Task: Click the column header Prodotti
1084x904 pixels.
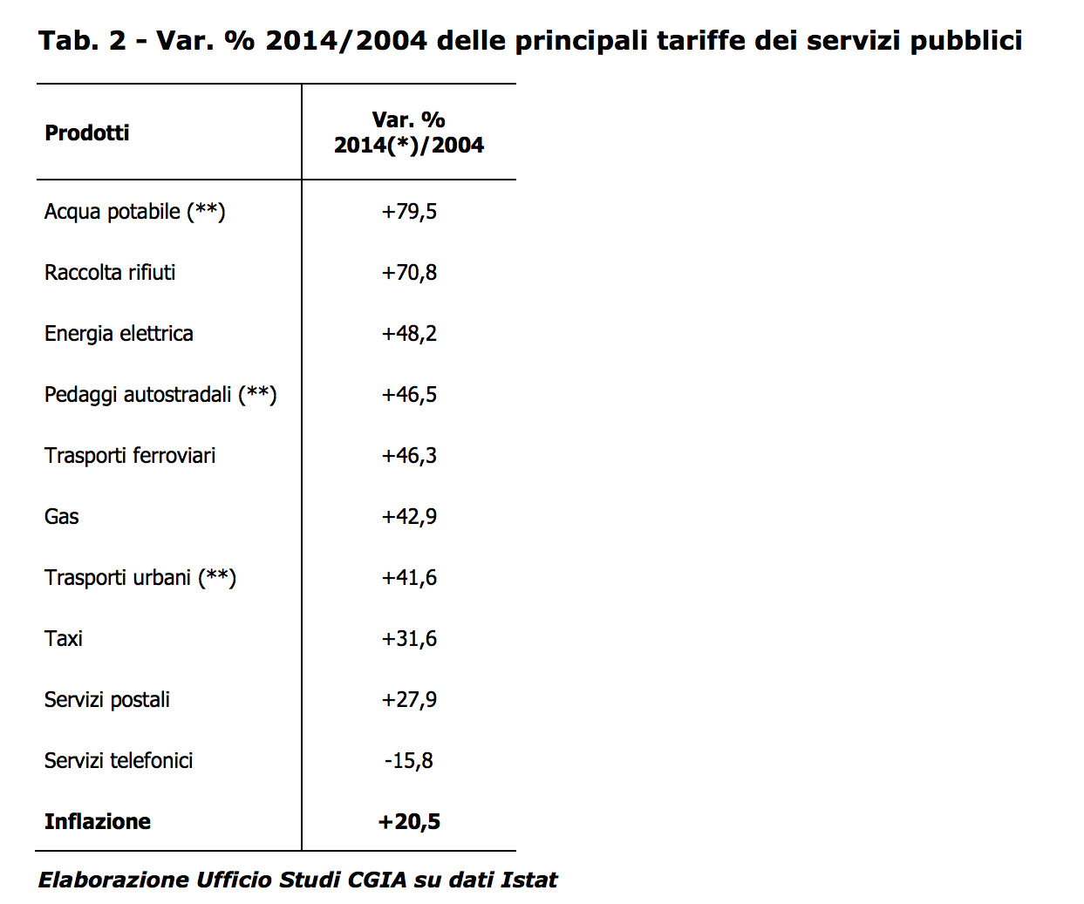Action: coord(87,133)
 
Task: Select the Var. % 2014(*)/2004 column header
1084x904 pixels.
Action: coord(408,133)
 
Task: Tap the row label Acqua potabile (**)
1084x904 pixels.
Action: coord(135,212)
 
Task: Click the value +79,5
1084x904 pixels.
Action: coord(409,212)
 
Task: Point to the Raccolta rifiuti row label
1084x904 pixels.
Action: coord(110,273)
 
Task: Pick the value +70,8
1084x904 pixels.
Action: coord(409,273)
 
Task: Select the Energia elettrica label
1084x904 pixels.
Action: coord(119,334)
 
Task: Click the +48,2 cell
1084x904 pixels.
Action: coord(409,334)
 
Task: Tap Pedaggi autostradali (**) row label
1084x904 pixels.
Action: coord(160,395)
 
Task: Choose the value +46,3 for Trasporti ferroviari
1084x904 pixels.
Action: coord(409,456)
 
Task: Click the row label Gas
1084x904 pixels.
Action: coord(62,517)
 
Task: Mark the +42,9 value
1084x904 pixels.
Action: coord(409,517)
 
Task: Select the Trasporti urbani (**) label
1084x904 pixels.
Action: coord(140,578)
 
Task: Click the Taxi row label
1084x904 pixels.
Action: coord(64,639)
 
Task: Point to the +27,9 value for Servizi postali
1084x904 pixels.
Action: coord(409,700)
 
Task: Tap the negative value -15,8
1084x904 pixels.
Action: coord(409,761)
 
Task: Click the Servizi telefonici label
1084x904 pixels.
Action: coord(119,761)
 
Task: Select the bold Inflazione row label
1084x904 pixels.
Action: coord(98,822)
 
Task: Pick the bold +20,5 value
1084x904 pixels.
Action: coord(409,822)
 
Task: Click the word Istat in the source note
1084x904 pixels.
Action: coord(529,880)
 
